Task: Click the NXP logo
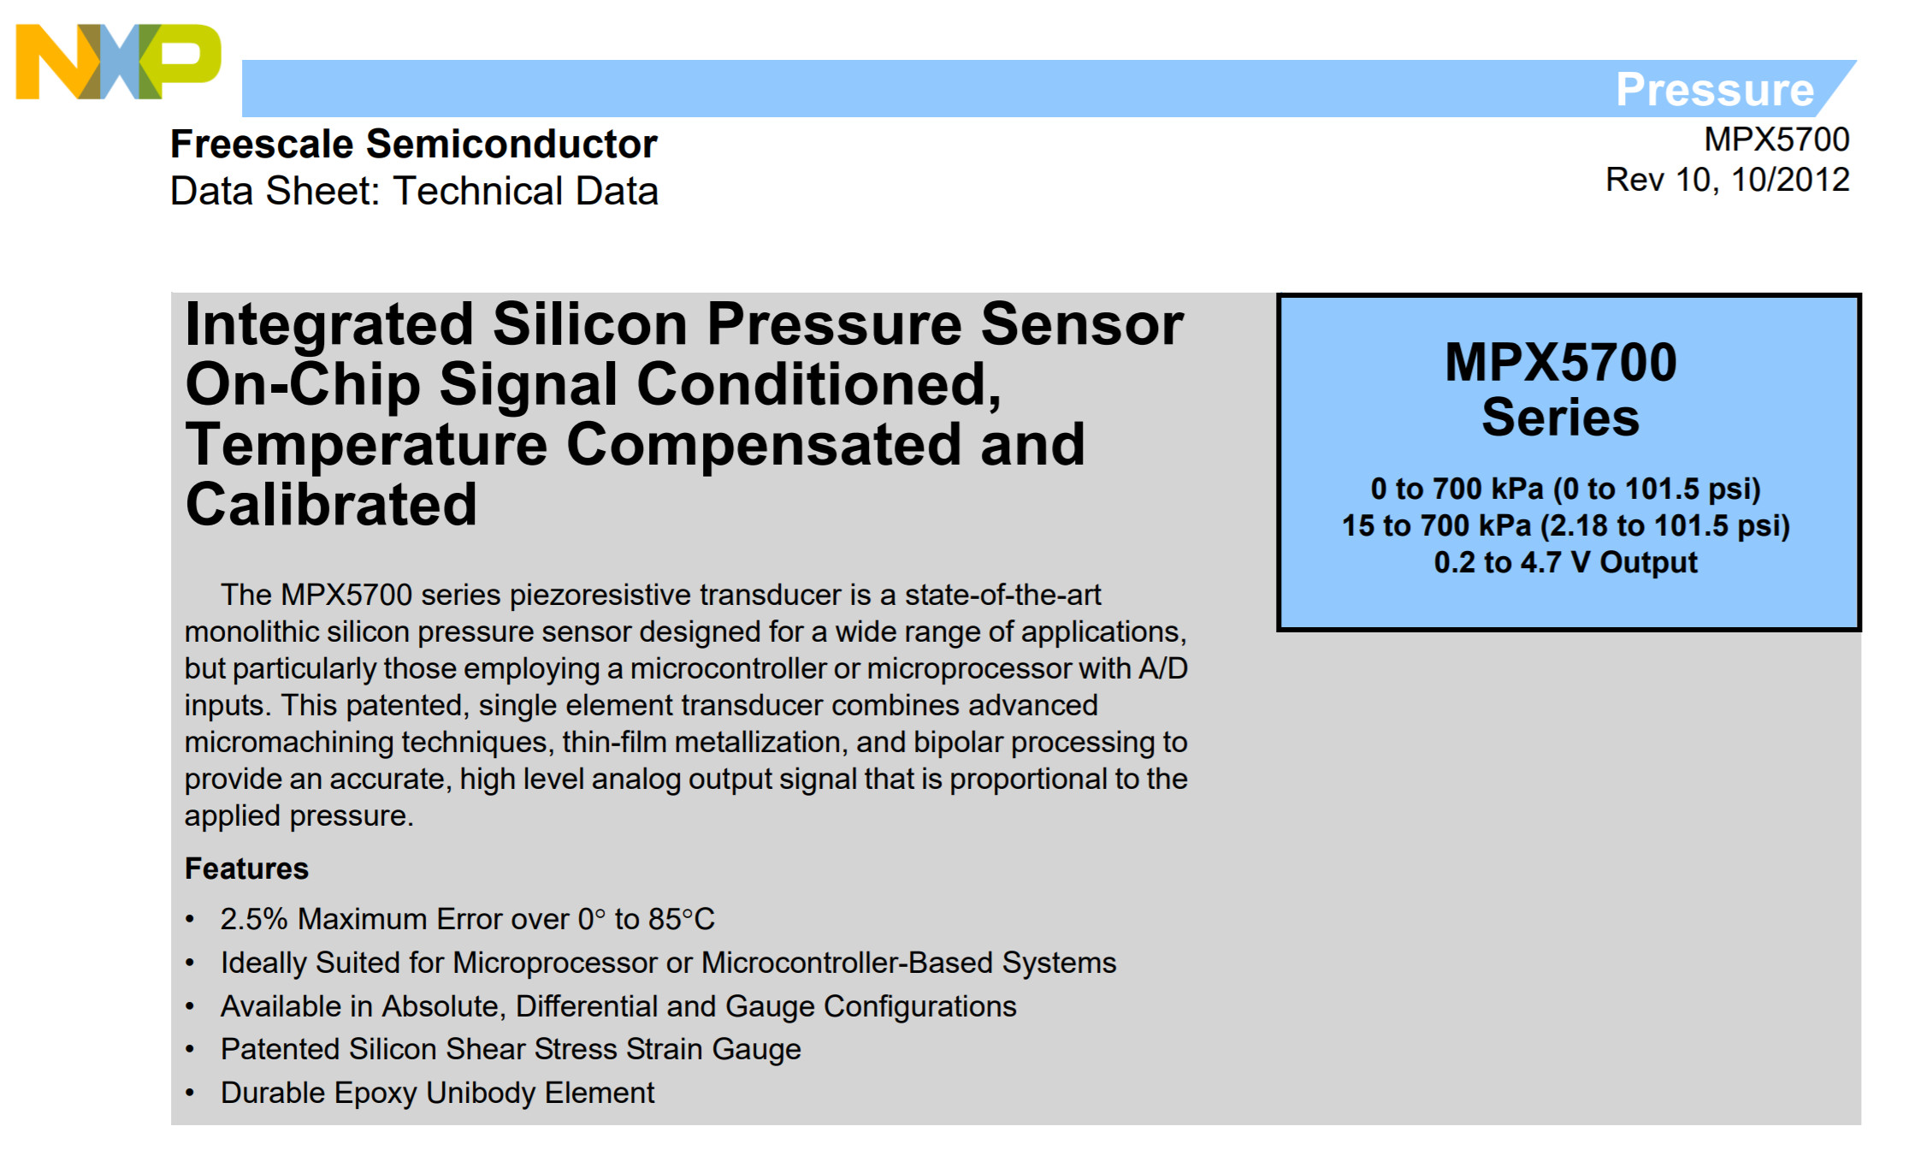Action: [118, 61]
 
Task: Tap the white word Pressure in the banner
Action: [1714, 89]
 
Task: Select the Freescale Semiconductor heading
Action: [414, 144]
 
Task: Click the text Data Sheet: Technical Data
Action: [414, 191]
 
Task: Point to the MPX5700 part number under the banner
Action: [1776, 139]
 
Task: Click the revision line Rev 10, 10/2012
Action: [1727, 180]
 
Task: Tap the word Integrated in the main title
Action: [329, 326]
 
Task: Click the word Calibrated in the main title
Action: [331, 504]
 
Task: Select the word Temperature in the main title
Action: [366, 445]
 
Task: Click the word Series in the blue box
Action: [1561, 418]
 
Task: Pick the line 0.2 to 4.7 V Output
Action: [1565, 562]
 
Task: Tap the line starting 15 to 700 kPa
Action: [1565, 525]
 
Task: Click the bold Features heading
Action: [246, 868]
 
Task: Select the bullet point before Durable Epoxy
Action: [190, 1094]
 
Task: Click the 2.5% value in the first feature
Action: [254, 919]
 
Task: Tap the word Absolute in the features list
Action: [440, 1006]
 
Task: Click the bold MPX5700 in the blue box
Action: [1561, 362]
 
